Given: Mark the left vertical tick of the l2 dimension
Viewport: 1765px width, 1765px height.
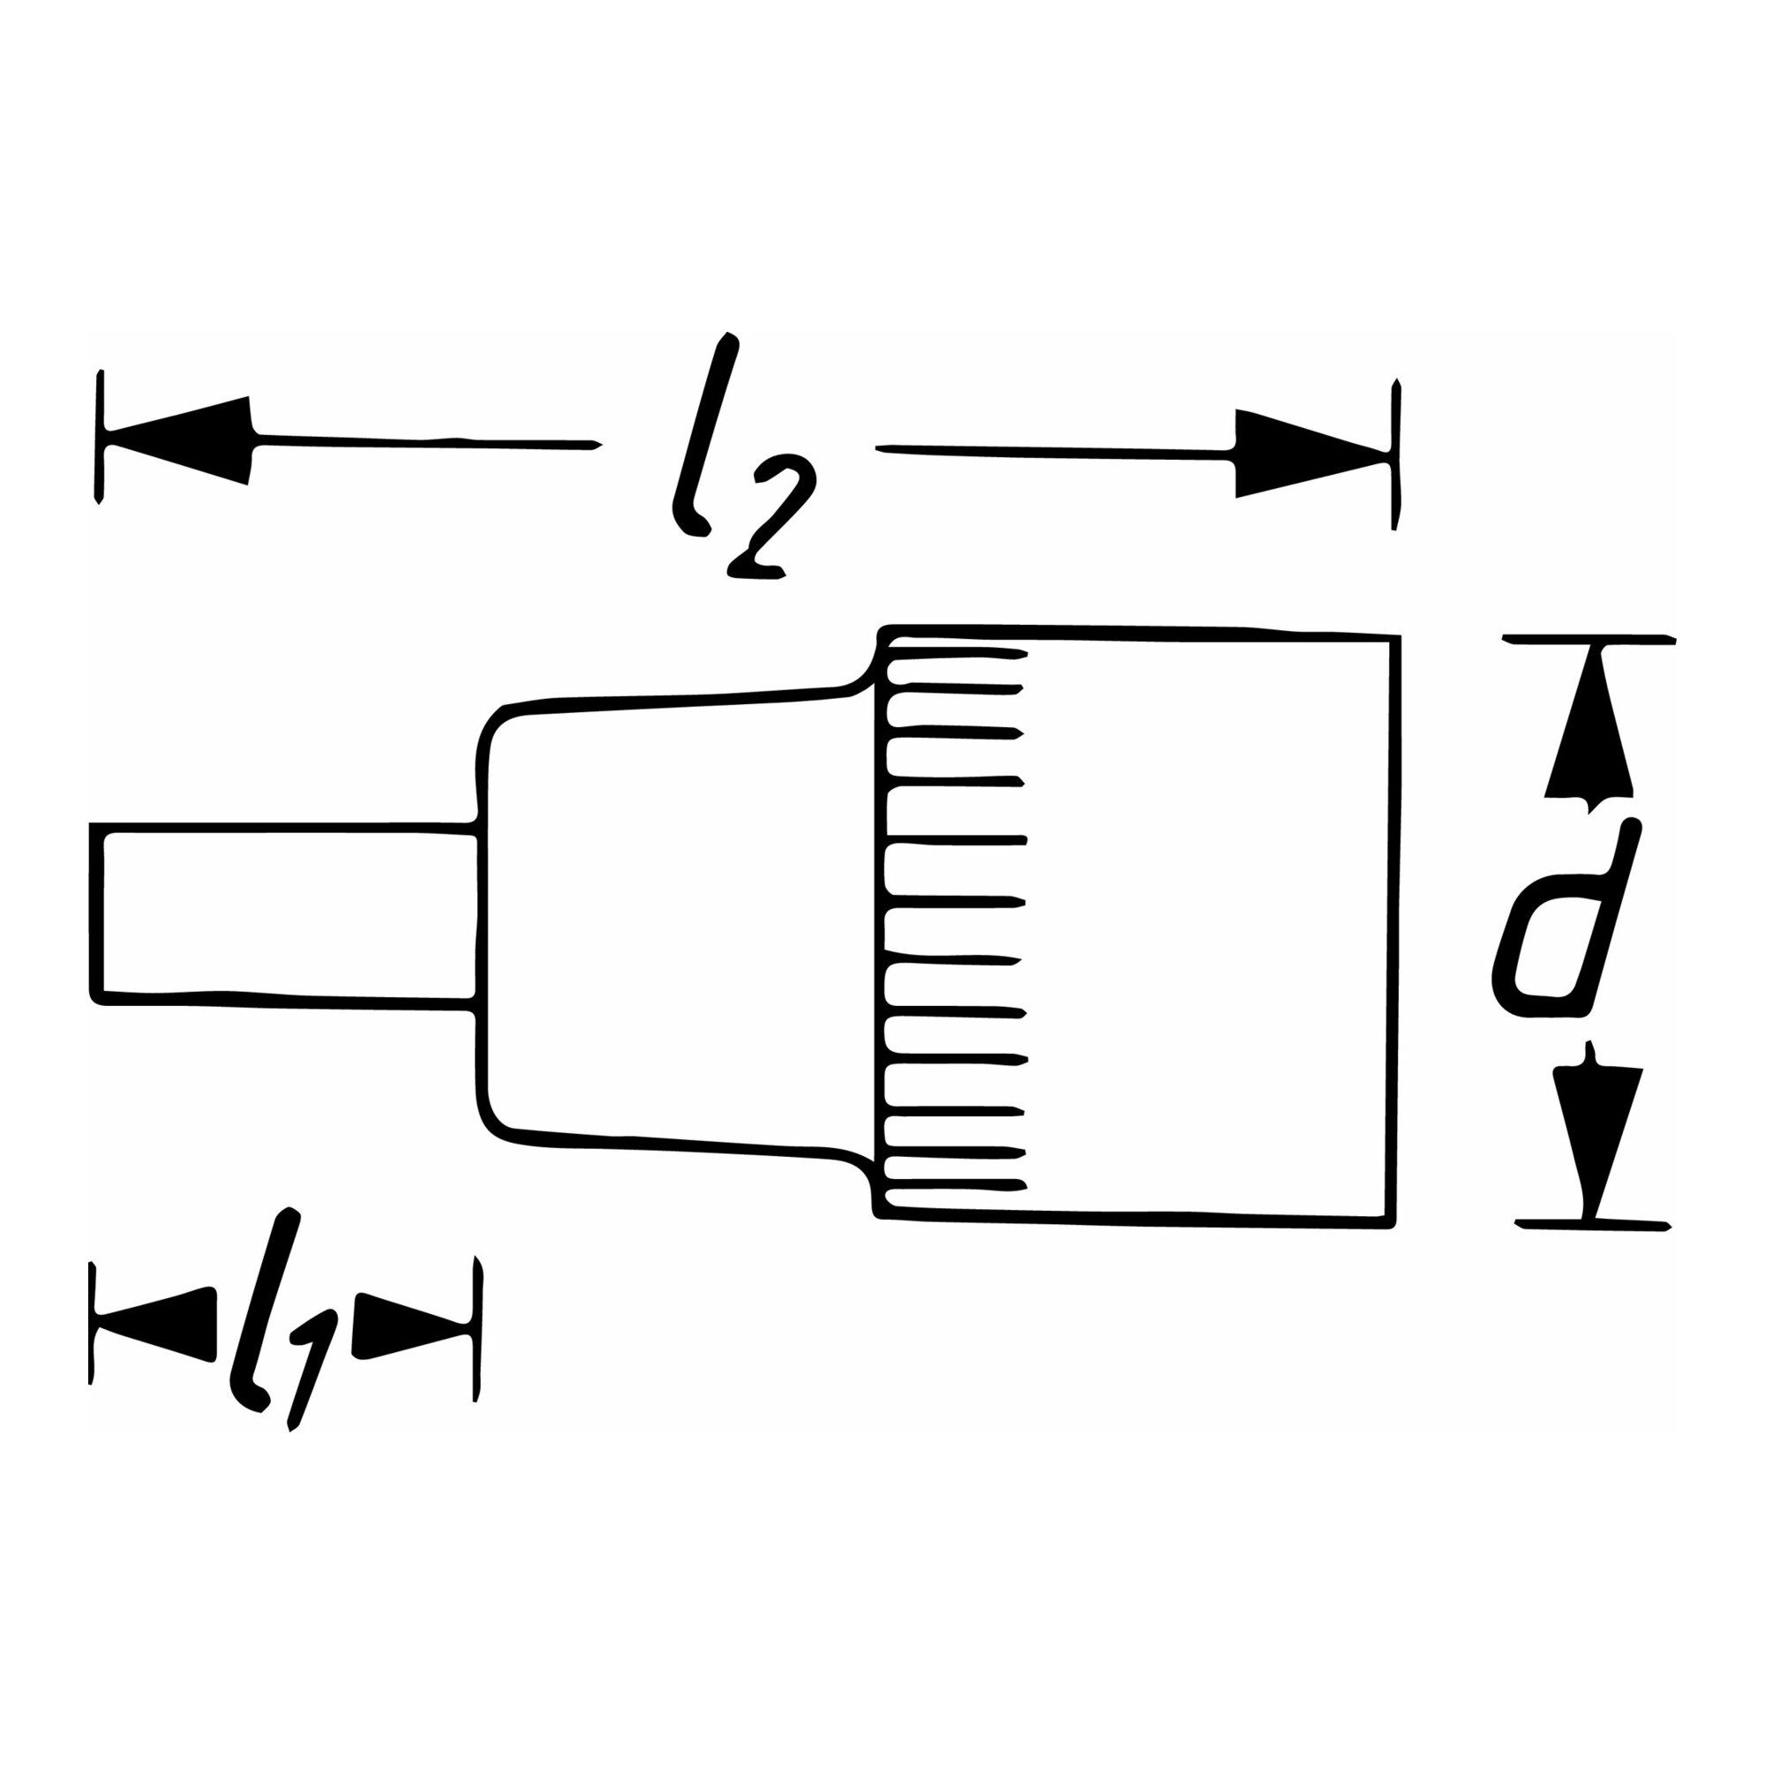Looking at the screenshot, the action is pyautogui.click(x=101, y=436).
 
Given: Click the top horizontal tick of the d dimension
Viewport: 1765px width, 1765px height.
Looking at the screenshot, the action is pyautogui.click(x=1589, y=639).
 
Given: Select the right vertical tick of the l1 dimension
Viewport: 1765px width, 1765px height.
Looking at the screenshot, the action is pyautogui.click(x=477, y=1342).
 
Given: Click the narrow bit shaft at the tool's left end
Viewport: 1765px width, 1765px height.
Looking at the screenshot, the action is pyautogui.click(x=283, y=914).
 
